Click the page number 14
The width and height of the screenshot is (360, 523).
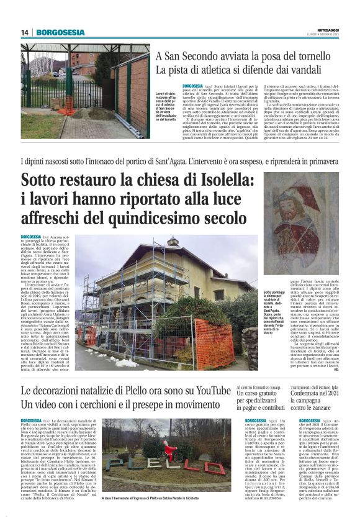click(x=25, y=32)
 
